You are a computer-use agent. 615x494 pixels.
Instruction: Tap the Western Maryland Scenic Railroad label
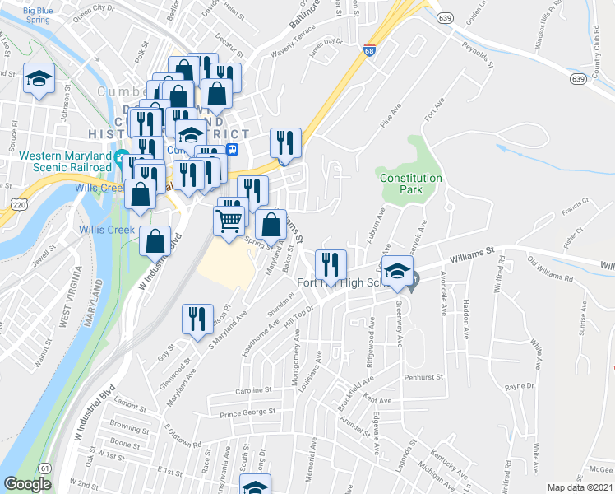[65, 161]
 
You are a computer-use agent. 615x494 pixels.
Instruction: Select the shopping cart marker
[229, 220]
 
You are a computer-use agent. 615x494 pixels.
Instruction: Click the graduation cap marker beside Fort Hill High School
[397, 273]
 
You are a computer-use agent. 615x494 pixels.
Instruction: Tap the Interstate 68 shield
[370, 50]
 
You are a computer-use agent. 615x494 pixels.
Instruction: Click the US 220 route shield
[20, 202]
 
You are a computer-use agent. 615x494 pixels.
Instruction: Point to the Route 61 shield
[43, 467]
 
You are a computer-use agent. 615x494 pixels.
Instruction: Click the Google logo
[27, 484]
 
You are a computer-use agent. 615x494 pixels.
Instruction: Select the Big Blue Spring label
[43, 16]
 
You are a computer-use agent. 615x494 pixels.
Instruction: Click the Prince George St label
[247, 411]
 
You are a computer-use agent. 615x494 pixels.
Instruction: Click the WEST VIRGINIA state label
[65, 296]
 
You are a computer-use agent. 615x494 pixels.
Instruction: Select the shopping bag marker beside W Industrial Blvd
[155, 241]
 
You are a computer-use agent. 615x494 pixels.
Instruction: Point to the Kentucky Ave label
[445, 465]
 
